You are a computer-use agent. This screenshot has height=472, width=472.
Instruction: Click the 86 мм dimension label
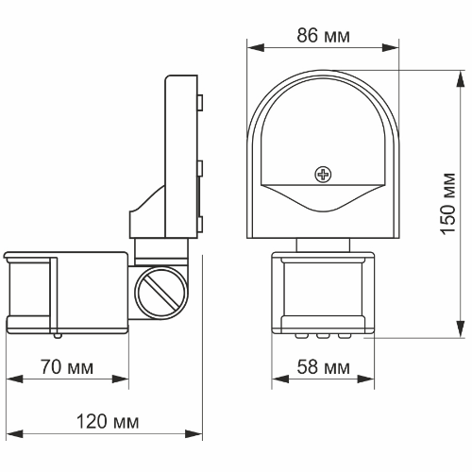click(323, 36)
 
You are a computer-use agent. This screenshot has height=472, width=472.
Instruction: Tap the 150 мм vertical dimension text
click(448, 204)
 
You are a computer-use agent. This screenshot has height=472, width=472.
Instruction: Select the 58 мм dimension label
click(323, 367)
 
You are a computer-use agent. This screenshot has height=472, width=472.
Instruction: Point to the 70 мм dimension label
click(67, 367)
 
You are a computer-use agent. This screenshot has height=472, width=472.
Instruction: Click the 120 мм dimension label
click(108, 422)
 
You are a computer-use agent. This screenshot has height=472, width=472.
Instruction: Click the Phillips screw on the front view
click(323, 175)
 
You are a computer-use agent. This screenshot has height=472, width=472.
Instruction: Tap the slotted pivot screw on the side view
click(161, 293)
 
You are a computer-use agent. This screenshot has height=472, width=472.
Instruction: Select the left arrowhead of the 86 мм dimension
click(256, 48)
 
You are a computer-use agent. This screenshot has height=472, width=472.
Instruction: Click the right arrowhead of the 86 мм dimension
click(391, 48)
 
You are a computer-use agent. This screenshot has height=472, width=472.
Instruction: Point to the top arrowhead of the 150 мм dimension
click(461, 78)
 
